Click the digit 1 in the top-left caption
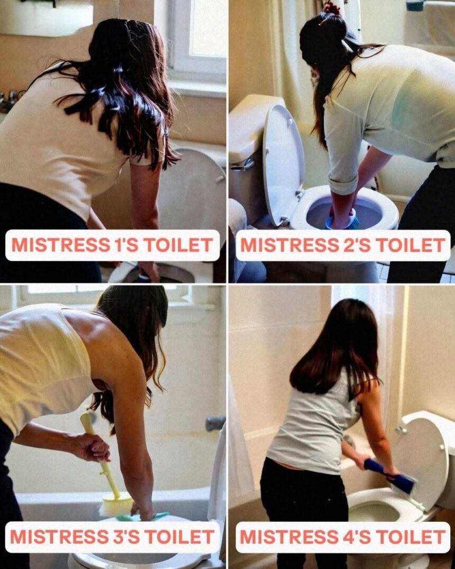116,245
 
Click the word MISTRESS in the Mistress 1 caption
61,245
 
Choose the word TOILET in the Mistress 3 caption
180,537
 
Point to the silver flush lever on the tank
242,165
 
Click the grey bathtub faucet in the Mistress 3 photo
215,423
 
